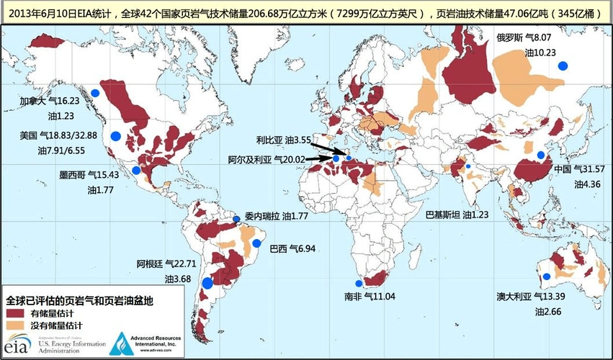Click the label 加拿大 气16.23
point(47,102)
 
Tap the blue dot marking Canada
point(94,91)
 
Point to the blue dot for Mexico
point(136,171)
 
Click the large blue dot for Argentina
point(207,283)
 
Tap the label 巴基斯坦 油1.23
point(457,215)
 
